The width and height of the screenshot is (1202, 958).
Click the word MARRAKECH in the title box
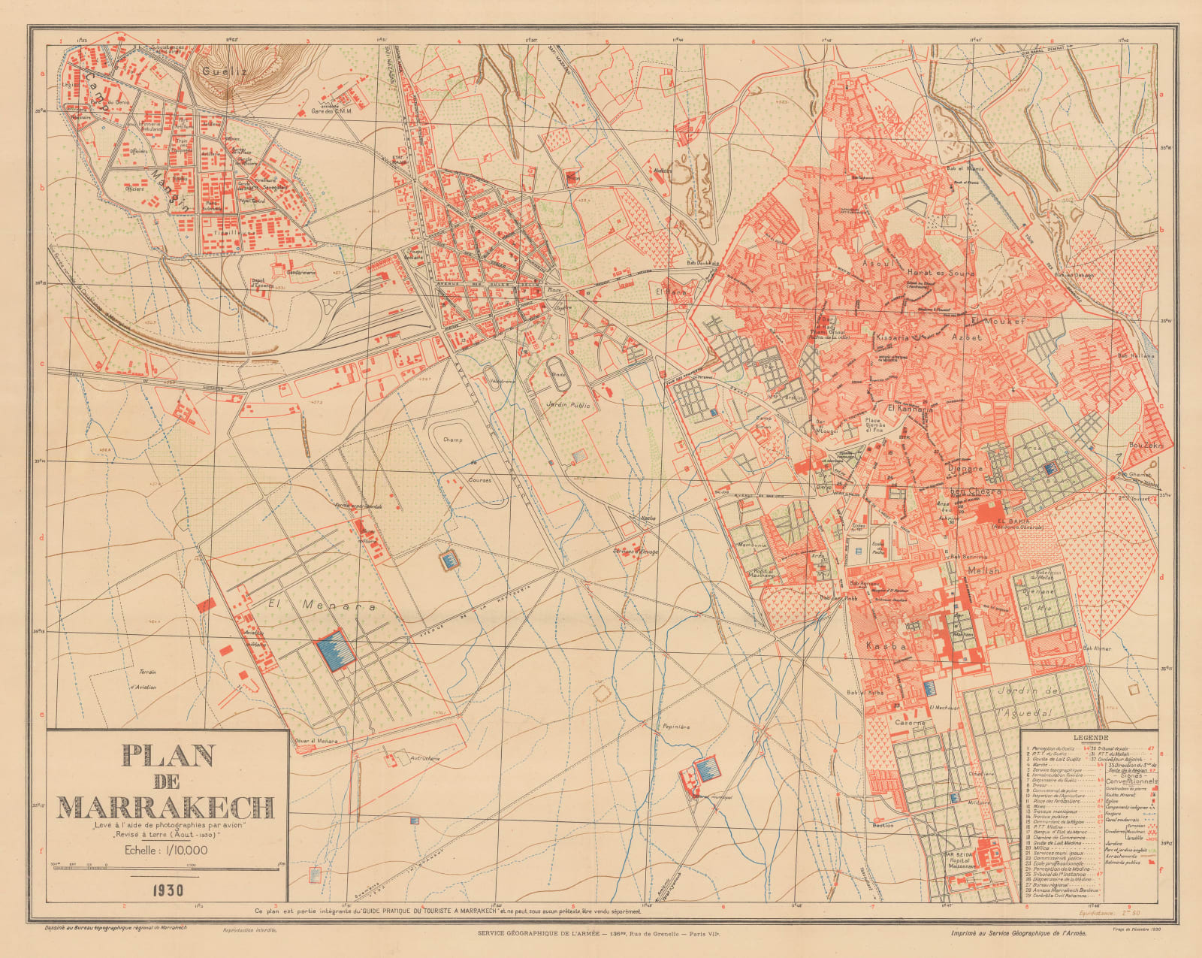(165, 808)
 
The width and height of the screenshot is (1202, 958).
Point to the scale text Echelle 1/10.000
(166, 850)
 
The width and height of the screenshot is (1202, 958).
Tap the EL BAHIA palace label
(1011, 521)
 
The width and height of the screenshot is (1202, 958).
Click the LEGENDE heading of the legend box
(1089, 738)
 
